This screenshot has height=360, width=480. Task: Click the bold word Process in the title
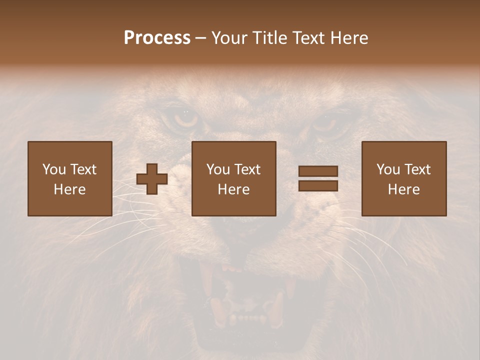coord(157,38)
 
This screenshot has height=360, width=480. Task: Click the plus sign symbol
coord(152,178)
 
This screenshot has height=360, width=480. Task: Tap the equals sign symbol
coord(318,178)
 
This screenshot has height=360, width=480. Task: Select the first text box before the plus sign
coord(70,178)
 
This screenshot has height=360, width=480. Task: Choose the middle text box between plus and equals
coord(234,178)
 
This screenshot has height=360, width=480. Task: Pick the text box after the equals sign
coord(404,178)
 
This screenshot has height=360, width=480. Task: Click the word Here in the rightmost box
coord(404,189)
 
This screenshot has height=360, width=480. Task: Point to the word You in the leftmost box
coord(54,169)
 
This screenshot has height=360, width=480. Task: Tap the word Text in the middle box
coord(247,169)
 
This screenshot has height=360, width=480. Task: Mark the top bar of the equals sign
coord(318,171)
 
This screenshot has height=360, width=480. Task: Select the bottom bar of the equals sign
coord(318,185)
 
